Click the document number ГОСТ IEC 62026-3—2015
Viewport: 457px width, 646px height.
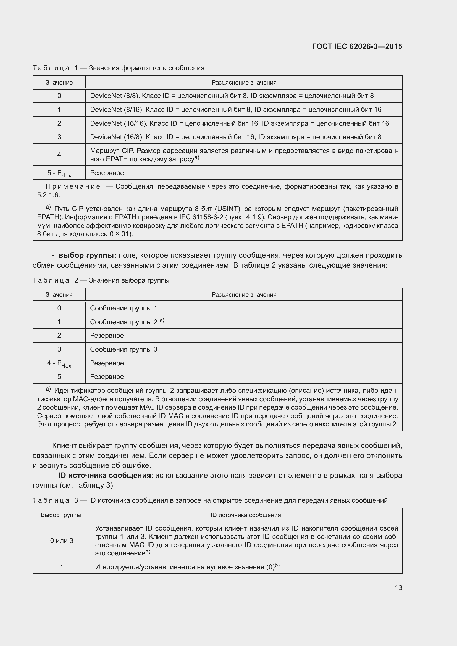pyautogui.click(x=357, y=46)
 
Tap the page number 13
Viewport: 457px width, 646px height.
pyautogui.click(x=398, y=587)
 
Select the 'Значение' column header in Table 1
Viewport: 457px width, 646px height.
pyautogui.click(x=59, y=82)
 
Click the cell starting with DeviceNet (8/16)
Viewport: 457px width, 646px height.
pyautogui.click(x=235, y=110)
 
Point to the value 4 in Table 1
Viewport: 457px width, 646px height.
pyautogui.click(x=59, y=155)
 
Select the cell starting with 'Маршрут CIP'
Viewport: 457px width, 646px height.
pyautogui.click(x=244, y=155)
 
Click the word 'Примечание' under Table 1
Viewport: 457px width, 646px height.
pyautogui.click(x=73, y=186)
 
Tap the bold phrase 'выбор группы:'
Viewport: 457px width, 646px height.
pyautogui.click(x=87, y=255)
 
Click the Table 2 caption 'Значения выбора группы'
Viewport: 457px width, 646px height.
pyautogui.click(x=129, y=280)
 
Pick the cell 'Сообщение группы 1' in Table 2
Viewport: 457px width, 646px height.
pyautogui.click(x=124, y=308)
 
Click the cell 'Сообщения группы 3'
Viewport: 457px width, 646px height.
pyautogui.click(x=124, y=349)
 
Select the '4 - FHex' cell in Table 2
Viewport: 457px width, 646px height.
pyautogui.click(x=59, y=363)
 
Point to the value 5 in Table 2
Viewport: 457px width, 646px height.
pyautogui.click(x=59, y=377)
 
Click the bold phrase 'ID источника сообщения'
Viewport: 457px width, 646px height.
pyautogui.click(x=105, y=475)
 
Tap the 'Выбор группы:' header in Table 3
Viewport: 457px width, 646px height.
pyautogui.click(x=62, y=515)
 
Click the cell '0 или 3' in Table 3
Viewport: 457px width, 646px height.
pyautogui.click(x=62, y=540)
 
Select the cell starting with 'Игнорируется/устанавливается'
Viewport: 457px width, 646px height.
pyautogui.click(x=187, y=567)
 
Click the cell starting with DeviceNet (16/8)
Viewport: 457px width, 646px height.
pyautogui.click(x=235, y=137)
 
